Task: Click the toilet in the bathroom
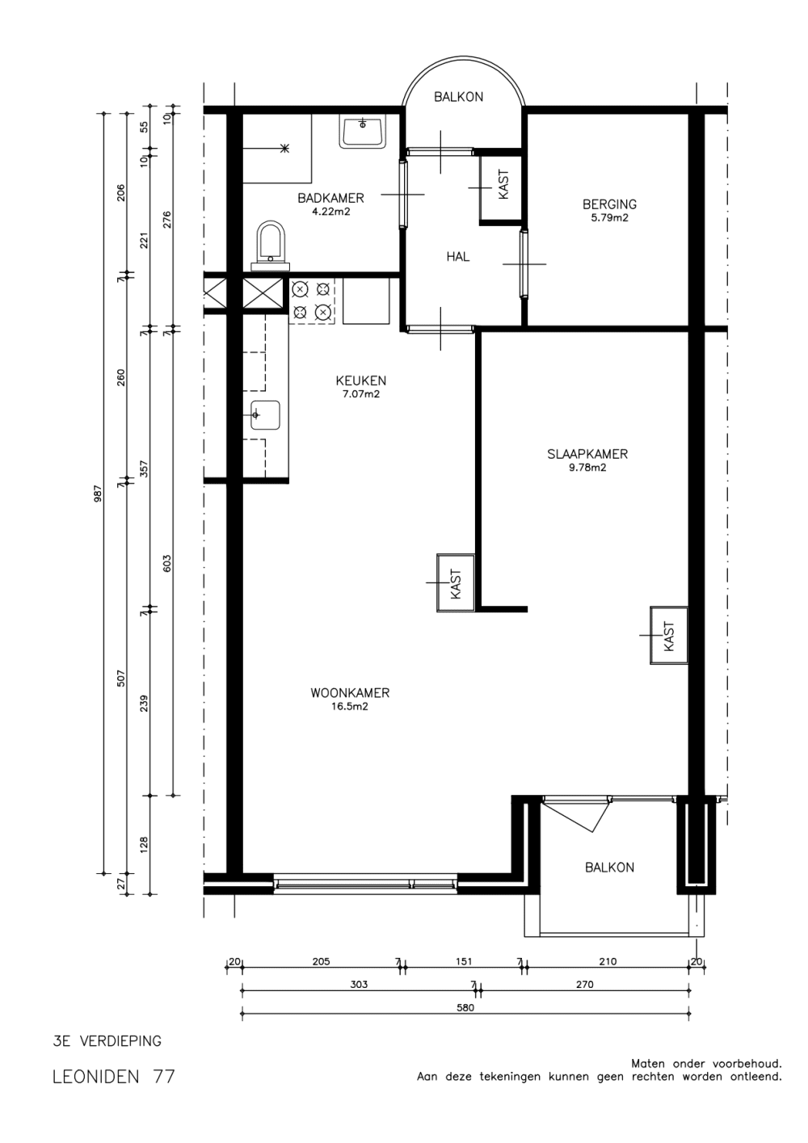(x=270, y=246)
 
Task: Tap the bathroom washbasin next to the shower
(x=363, y=132)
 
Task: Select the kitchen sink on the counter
(x=265, y=415)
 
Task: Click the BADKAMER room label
(x=330, y=198)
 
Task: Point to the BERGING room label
(x=609, y=204)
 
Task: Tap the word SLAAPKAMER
(x=587, y=454)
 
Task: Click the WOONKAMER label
(x=350, y=693)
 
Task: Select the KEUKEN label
(x=361, y=380)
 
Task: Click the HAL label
(x=458, y=257)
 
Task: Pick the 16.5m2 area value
(x=350, y=707)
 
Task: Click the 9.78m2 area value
(x=587, y=468)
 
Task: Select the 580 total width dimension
(x=465, y=1008)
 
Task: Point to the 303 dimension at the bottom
(x=359, y=985)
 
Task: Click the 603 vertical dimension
(x=168, y=563)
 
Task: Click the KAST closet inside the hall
(x=500, y=187)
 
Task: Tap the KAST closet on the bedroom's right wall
(x=669, y=635)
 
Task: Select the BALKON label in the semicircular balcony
(x=458, y=97)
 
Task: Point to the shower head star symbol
(x=284, y=149)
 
